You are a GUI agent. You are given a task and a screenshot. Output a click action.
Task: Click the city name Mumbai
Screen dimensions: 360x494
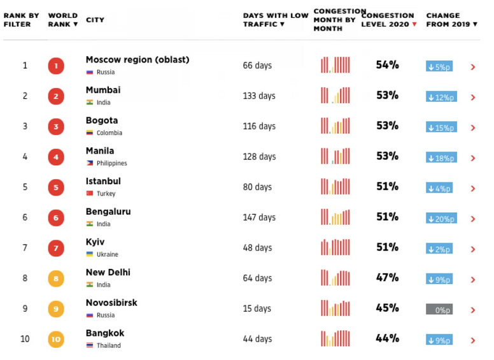(x=103, y=90)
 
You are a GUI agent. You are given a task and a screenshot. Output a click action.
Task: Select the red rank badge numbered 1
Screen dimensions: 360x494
(x=56, y=66)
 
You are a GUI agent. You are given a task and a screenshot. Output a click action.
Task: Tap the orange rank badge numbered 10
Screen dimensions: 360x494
(x=56, y=339)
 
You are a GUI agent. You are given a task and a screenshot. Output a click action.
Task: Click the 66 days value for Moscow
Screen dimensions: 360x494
(x=257, y=66)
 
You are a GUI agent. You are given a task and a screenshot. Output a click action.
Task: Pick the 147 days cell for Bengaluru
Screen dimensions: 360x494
(x=259, y=217)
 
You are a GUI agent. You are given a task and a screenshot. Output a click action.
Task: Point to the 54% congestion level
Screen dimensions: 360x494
(x=387, y=65)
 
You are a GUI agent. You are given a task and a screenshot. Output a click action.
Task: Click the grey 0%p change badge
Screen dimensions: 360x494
(x=439, y=310)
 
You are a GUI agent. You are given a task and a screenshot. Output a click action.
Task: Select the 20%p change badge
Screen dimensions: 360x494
(x=441, y=219)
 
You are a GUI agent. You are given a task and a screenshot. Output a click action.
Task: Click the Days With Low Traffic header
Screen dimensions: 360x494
(x=275, y=20)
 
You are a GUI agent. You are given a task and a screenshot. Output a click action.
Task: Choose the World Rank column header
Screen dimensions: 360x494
(x=63, y=20)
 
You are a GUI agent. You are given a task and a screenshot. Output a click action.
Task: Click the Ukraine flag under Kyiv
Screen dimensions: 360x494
(x=90, y=254)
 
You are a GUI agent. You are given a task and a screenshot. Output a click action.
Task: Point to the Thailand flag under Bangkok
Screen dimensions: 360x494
(x=90, y=345)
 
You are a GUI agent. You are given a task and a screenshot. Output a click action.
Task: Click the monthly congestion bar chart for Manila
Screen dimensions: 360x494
(x=335, y=156)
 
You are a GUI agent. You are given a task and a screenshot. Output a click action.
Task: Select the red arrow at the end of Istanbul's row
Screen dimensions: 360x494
(x=472, y=189)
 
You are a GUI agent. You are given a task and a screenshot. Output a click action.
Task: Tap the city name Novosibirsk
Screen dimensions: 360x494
(x=111, y=303)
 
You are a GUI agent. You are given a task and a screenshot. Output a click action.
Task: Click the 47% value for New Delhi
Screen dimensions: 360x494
(x=387, y=278)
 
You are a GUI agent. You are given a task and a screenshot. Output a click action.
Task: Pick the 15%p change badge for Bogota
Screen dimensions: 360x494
(x=441, y=127)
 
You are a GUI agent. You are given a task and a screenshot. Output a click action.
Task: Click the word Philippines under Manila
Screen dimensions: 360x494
(x=112, y=164)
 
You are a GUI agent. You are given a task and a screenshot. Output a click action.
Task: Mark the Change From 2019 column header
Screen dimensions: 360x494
(x=451, y=20)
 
